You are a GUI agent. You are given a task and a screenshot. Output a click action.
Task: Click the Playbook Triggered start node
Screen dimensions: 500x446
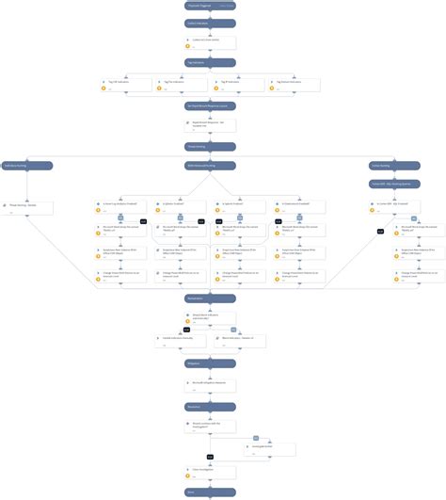click(x=210, y=6)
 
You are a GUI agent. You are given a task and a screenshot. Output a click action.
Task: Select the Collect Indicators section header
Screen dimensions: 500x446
click(x=210, y=24)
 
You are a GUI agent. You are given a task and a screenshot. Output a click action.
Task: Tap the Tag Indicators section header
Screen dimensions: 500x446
click(x=210, y=62)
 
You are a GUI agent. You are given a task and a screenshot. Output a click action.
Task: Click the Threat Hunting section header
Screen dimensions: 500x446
click(x=210, y=146)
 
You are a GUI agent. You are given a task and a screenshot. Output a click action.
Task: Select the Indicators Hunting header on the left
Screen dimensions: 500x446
click(x=27, y=166)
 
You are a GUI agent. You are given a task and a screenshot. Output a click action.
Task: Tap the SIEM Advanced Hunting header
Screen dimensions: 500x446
click(x=210, y=166)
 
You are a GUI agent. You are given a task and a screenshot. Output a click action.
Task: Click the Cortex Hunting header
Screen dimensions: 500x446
click(x=393, y=166)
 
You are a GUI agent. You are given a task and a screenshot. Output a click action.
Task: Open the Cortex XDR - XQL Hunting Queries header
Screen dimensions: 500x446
click(x=393, y=184)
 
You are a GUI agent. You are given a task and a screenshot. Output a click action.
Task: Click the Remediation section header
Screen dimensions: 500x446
click(x=210, y=298)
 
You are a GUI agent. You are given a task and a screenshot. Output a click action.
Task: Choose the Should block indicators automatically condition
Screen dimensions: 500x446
click(x=210, y=317)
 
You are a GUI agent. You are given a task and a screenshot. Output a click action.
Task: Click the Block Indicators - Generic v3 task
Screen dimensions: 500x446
click(x=239, y=339)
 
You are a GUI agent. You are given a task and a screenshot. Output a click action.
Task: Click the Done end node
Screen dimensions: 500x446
click(x=210, y=492)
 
